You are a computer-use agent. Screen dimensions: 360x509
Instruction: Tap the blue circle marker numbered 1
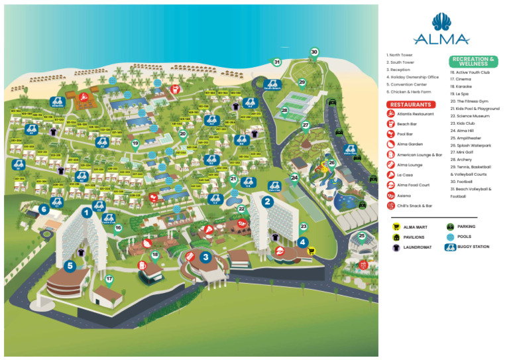[x=86, y=212]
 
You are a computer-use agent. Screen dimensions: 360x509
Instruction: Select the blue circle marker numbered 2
[x=268, y=202]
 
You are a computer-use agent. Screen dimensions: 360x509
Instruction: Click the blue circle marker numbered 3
[x=206, y=257]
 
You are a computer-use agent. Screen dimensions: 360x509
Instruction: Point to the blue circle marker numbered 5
[x=70, y=265]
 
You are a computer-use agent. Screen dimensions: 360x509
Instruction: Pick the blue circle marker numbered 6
[x=44, y=209]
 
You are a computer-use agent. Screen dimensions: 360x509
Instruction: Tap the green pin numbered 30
[x=314, y=52]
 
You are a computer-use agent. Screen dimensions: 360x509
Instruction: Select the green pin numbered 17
[x=109, y=279]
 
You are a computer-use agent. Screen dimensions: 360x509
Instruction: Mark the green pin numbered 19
[x=135, y=143]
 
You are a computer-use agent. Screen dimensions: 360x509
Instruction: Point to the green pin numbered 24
[x=294, y=178]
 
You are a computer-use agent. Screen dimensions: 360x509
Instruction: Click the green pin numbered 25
[x=362, y=235]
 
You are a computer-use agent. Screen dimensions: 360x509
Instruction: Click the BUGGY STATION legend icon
[x=451, y=247]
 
